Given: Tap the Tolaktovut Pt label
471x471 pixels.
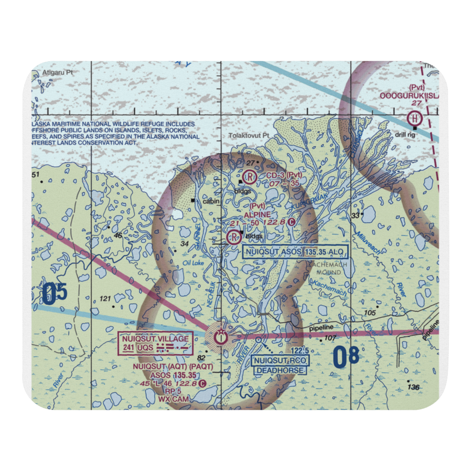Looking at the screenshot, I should pos(249,135).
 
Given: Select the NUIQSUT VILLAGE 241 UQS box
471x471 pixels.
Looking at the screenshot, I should pos(155,343).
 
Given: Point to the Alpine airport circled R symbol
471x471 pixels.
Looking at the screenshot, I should pos(233,237).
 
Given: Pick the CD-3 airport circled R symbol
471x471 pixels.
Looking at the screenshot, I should pos(251,177).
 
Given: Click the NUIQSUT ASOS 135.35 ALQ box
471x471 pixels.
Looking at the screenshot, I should pos(295,252).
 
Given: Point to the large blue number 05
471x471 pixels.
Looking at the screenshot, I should pos(55,294).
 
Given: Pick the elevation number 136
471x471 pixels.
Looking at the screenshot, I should pos(413,387).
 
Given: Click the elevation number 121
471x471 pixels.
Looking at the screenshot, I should pos(106,299).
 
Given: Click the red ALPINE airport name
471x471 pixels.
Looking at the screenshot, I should pos(257,214).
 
